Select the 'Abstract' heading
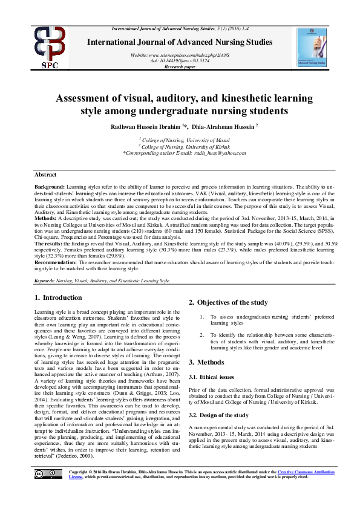click(47, 173)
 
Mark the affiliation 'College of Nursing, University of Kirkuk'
click(181, 147)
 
